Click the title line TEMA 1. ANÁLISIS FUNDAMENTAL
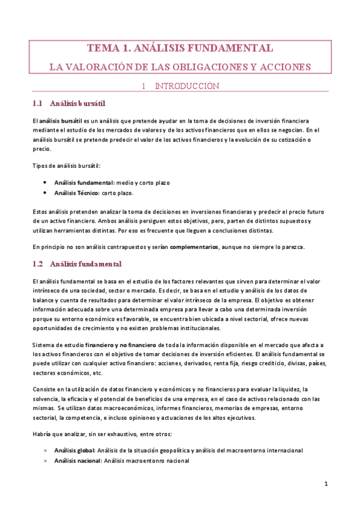[x=180, y=48]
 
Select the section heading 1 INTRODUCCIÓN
[x=180, y=86]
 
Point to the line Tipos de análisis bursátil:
[x=66, y=165]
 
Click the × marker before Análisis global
[x=46, y=450]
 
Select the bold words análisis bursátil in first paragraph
[x=61, y=121]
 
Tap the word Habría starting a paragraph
[x=43, y=434]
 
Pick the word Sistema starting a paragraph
[x=46, y=345]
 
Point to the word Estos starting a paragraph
[x=41, y=212]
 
